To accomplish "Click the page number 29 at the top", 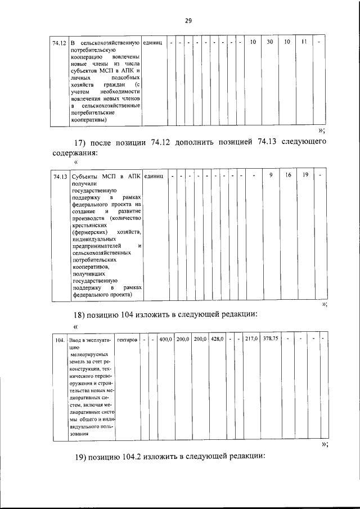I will click(188, 21).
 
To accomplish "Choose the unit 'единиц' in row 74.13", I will click(154, 177).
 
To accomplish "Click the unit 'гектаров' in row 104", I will click(127, 340).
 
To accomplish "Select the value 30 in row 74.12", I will click(270, 42).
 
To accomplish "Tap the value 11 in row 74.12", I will click(304, 42).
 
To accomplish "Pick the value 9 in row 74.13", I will click(271, 175).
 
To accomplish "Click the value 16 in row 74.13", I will click(287, 175).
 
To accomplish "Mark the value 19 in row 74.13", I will click(304, 175).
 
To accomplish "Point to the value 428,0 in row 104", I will click(217, 339).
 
